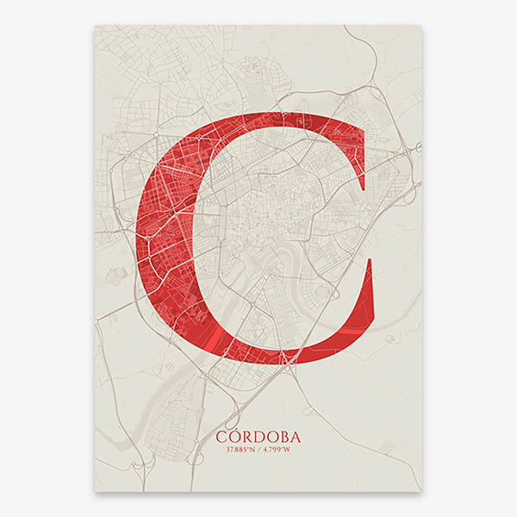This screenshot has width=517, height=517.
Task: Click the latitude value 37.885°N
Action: point(240,450)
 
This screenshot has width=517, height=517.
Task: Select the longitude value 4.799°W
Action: point(277,450)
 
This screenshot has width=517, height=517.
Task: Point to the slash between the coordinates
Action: point(258,450)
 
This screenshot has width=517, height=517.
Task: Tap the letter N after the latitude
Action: point(252,450)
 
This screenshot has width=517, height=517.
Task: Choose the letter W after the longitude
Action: point(290,450)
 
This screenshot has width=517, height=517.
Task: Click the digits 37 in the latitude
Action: point(228,450)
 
